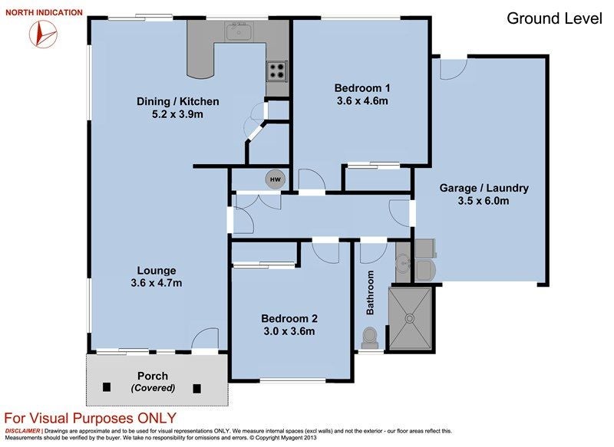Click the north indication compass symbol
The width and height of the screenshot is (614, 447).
[x=43, y=34]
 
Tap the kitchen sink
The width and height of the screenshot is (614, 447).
[x=239, y=31]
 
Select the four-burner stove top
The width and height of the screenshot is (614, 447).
[x=277, y=71]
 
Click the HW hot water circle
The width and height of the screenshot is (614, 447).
[x=276, y=179]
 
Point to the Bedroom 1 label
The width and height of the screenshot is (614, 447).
[x=362, y=88]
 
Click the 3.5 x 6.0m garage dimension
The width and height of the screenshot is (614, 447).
[x=484, y=201]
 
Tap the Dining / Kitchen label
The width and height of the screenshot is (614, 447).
[x=178, y=101]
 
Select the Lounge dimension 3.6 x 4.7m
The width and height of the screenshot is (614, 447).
[x=157, y=283]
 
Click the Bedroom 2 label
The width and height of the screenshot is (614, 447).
[x=289, y=318]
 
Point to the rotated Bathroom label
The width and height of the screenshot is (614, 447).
[x=370, y=293]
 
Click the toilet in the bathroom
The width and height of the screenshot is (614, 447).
[x=370, y=338]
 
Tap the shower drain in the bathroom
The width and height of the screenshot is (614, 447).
[x=410, y=318]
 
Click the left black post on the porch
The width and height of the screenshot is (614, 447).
[x=107, y=386]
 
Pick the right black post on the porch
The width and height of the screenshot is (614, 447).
[x=197, y=388]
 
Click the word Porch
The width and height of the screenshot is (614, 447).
[x=153, y=376]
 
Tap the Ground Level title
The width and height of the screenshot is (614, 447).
[x=554, y=18]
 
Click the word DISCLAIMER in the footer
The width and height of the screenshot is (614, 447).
[x=22, y=431]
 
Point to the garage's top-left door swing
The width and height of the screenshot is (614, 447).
[x=454, y=69]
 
